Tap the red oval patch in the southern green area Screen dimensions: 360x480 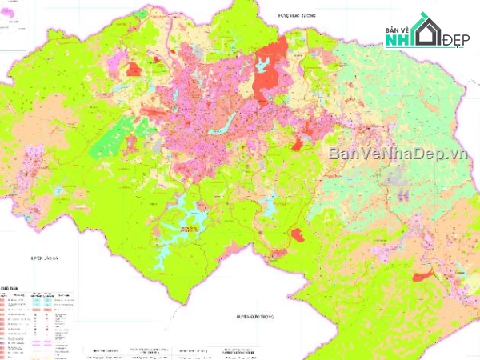coord(298,235)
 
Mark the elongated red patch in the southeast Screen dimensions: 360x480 coord(425,276)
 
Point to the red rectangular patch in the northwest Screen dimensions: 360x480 coord(134,69)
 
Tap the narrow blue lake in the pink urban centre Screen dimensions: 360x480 coord(224,122)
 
